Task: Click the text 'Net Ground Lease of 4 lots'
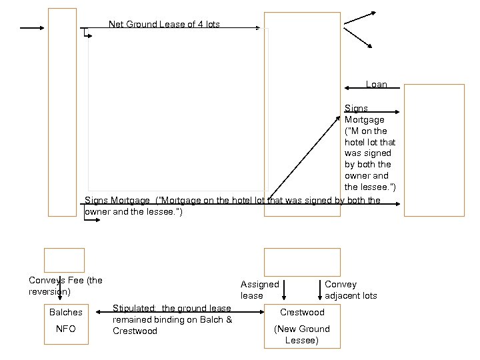(164, 25)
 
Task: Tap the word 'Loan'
(377, 85)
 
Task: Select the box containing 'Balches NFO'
(66, 323)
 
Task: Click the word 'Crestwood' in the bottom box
(302, 312)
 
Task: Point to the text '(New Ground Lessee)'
(302, 335)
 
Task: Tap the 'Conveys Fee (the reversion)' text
(65, 286)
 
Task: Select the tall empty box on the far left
(63, 112)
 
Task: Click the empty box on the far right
(434, 150)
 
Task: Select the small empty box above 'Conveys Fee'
(64, 260)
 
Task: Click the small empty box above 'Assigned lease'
(302, 261)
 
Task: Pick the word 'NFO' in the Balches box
(66, 329)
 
